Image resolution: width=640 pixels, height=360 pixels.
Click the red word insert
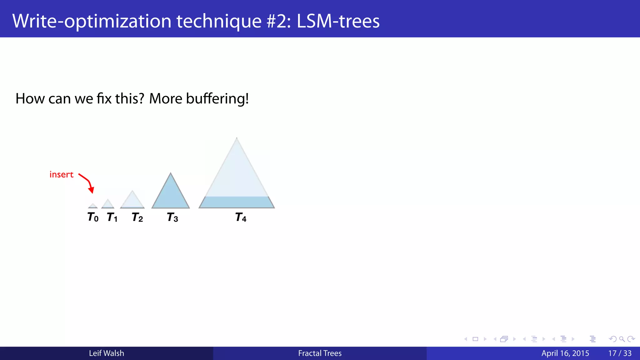(x=61, y=174)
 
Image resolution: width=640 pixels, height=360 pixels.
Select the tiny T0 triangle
(x=93, y=206)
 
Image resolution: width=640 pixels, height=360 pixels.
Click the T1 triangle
(x=108, y=204)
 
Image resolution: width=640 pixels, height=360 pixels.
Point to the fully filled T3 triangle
(x=171, y=195)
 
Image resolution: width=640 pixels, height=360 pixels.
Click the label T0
(x=93, y=217)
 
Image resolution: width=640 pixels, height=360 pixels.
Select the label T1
(x=112, y=217)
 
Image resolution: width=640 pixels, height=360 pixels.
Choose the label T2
(x=137, y=217)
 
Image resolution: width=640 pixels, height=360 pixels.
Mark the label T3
(x=172, y=217)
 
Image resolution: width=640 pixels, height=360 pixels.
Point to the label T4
(x=241, y=217)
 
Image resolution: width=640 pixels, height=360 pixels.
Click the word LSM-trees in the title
(x=338, y=21)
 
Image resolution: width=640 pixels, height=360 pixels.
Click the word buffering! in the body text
(x=217, y=99)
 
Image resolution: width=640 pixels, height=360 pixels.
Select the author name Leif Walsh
(x=106, y=353)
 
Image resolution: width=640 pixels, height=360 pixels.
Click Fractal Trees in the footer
(x=320, y=353)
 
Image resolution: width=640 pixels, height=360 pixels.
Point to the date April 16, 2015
(x=565, y=353)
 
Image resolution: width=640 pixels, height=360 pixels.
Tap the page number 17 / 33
(x=620, y=353)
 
